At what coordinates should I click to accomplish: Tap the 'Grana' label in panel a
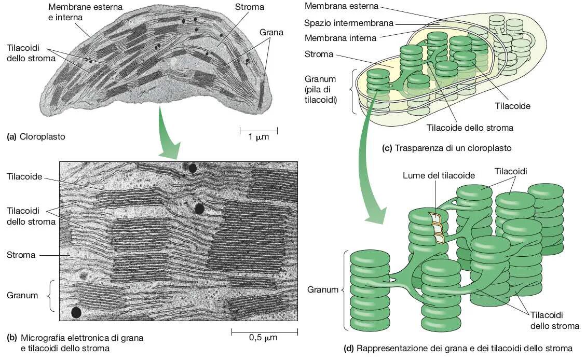271,33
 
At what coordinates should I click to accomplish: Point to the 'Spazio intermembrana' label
349,23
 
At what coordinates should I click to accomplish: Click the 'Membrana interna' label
340,38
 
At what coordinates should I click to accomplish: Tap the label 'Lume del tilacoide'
439,175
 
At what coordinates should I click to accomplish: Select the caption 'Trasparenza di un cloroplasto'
447,148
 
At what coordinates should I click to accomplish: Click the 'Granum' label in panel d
323,289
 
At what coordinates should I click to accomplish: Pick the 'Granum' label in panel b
22,295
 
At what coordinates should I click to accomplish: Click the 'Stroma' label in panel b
21,255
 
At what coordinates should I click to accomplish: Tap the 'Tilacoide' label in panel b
24,176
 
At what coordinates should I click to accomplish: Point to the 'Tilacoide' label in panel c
512,106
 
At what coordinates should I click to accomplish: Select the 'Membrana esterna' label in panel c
341,6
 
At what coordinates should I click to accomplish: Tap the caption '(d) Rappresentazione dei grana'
458,348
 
